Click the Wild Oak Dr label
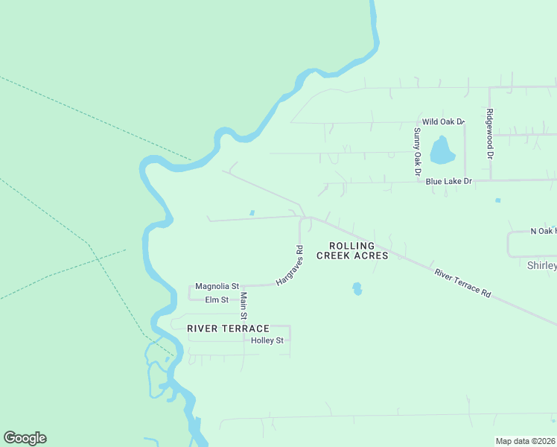click(x=443, y=121)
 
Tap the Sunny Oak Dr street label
click(x=417, y=152)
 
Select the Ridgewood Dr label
click(x=490, y=134)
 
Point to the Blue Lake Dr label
click(x=449, y=181)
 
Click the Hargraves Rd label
click(x=290, y=266)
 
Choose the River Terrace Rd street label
click(x=462, y=284)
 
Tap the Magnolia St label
click(x=217, y=286)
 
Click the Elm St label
click(x=217, y=299)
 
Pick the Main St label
click(x=244, y=305)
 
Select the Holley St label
click(x=268, y=340)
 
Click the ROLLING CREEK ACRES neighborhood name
click(x=353, y=250)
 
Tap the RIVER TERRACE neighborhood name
click(x=228, y=329)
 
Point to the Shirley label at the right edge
click(x=541, y=265)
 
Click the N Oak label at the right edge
click(x=543, y=232)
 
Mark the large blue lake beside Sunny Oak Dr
click(x=442, y=150)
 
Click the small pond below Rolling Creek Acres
click(x=357, y=288)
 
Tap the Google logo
click(x=25, y=438)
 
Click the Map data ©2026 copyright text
click(x=526, y=441)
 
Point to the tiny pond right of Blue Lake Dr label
click(x=497, y=200)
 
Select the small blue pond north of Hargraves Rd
click(x=252, y=213)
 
